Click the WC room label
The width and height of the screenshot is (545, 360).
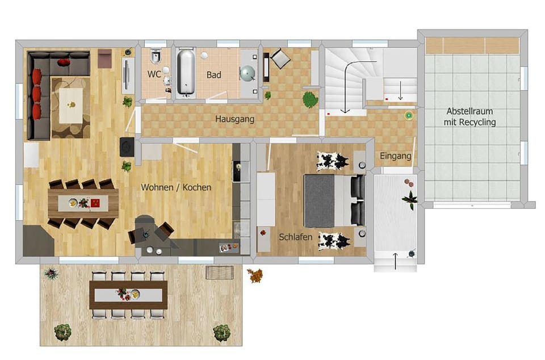tap(154, 74)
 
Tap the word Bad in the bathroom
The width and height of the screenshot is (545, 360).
tap(213, 74)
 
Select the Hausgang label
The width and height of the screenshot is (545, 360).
tap(234, 119)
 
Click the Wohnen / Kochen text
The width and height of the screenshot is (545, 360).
tap(176, 187)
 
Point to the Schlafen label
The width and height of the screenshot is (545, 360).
tap(295, 237)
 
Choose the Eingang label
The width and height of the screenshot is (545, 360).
tap(395, 156)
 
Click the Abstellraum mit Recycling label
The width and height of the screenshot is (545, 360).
tap(471, 117)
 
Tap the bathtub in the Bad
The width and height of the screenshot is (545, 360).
tap(186, 73)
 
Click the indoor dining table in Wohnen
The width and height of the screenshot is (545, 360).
tap(83, 202)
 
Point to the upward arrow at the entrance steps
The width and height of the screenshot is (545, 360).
tap(395, 261)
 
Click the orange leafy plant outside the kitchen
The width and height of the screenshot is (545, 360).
tap(255, 275)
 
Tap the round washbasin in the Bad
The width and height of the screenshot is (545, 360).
tap(248, 74)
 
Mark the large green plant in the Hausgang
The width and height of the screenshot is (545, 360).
tap(309, 99)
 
